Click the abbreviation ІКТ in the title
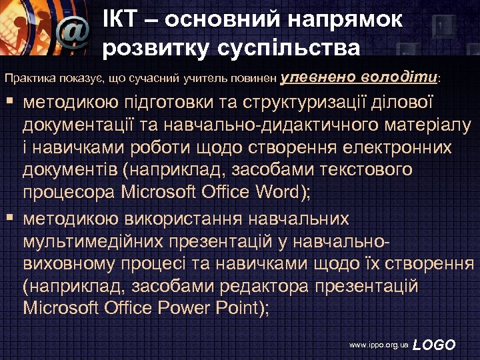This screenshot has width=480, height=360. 123,19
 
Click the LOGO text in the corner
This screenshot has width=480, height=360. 434,345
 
